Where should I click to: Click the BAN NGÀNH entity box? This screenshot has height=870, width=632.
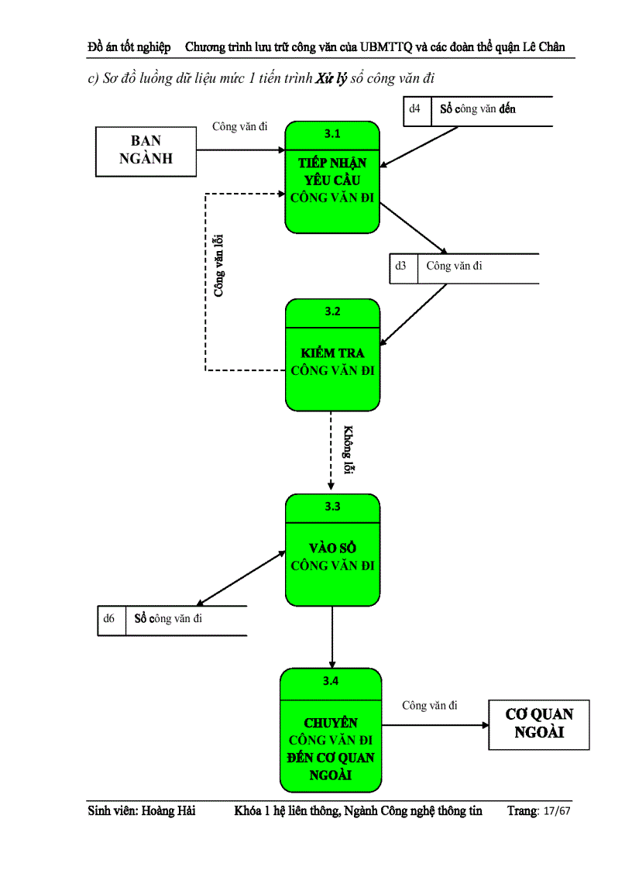tap(146, 150)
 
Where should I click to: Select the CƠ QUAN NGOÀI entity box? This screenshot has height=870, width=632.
tap(539, 724)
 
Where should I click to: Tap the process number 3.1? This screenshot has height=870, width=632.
tap(332, 133)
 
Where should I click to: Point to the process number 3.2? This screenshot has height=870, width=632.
tap(332, 311)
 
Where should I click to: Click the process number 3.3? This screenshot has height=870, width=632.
tap(332, 506)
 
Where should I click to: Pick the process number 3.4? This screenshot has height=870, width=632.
tap(331, 681)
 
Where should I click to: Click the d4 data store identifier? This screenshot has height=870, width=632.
tap(415, 109)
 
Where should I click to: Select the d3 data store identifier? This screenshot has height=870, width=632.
tap(400, 266)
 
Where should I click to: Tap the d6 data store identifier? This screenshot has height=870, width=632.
tap(109, 618)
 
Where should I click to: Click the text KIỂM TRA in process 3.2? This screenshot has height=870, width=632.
tap(332, 353)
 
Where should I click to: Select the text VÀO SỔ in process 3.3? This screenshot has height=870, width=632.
tap(332, 548)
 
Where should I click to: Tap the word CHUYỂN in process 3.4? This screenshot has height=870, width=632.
tap(331, 723)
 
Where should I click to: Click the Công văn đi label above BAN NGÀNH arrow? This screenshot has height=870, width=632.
tap(240, 126)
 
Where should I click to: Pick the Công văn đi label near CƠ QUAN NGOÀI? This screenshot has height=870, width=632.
tap(429, 705)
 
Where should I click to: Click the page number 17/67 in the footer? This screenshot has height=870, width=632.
tap(556, 811)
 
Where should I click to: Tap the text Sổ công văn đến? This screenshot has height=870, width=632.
tap(477, 109)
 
